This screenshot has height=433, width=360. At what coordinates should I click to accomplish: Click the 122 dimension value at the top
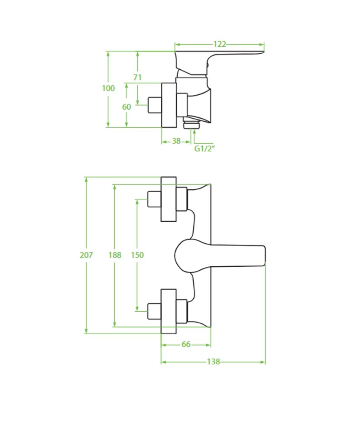click(x=220, y=44)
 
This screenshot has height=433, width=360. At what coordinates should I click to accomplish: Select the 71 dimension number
click(x=137, y=78)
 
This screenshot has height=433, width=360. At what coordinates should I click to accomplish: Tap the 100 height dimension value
click(x=108, y=88)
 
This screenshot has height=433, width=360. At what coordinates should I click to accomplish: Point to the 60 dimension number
click(x=126, y=107)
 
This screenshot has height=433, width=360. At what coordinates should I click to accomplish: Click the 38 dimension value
click(x=176, y=141)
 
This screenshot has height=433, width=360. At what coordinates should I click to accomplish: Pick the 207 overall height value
click(x=86, y=255)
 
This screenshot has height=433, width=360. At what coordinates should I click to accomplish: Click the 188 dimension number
click(x=115, y=255)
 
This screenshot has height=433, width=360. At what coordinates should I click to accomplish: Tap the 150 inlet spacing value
click(x=137, y=255)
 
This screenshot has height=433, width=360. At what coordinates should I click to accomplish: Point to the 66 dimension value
click(x=186, y=344)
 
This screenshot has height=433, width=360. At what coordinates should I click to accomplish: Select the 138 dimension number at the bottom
click(x=213, y=362)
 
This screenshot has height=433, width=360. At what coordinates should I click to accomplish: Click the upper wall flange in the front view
click(x=169, y=199)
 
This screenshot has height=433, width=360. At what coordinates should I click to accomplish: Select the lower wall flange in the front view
click(x=169, y=311)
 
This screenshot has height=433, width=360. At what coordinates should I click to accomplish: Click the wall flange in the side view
click(x=169, y=105)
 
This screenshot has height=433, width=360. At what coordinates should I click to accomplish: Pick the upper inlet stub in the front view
click(x=154, y=199)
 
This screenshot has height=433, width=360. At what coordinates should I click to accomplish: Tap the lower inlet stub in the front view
click(x=154, y=310)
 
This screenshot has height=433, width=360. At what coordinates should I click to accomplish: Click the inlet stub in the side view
click(x=154, y=105)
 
